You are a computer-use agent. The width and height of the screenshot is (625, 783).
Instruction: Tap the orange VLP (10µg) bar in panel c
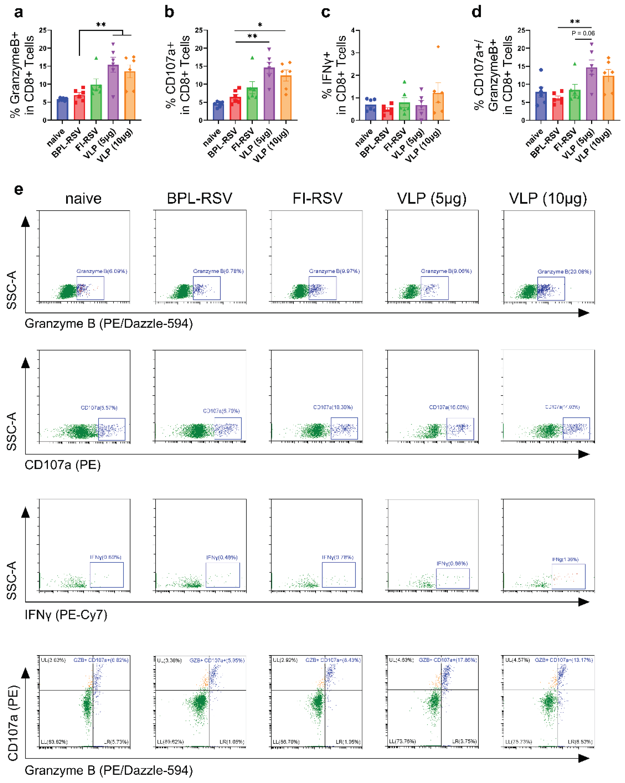coord(438,107)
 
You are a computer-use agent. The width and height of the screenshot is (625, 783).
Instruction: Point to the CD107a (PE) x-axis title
coord(62,465)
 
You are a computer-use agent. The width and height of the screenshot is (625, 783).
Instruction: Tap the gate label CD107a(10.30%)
coord(333,407)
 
